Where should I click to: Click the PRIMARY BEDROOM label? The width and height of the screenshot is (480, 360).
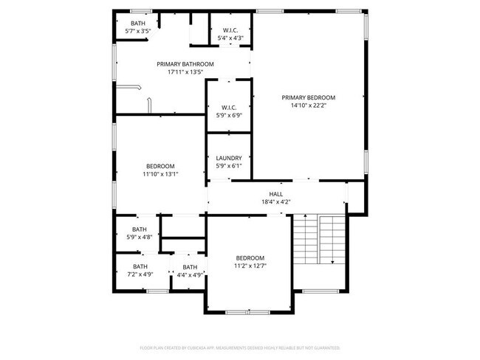(308, 97)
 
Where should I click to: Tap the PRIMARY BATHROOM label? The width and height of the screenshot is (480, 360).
(185, 64)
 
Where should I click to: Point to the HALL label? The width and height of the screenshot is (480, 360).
(275, 194)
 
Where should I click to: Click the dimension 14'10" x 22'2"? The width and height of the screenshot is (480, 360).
(308, 105)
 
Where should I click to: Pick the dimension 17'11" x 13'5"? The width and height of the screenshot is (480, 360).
(185, 72)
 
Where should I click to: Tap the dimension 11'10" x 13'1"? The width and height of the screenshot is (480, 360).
(160, 174)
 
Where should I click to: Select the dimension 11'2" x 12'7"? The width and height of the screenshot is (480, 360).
(250, 266)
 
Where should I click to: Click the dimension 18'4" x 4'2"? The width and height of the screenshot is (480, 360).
(275, 201)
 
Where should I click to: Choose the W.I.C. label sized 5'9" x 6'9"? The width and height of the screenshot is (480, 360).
(227, 108)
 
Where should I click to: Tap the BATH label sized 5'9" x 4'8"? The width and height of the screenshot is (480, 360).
(140, 229)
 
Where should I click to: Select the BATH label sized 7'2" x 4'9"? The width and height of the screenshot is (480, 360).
(140, 266)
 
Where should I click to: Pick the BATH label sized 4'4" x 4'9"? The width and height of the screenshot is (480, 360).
(190, 267)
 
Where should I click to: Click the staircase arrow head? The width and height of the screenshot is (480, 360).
(333, 262)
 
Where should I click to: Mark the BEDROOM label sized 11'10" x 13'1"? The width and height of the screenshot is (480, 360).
(160, 166)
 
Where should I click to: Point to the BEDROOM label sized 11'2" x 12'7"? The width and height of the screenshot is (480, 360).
(250, 257)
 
